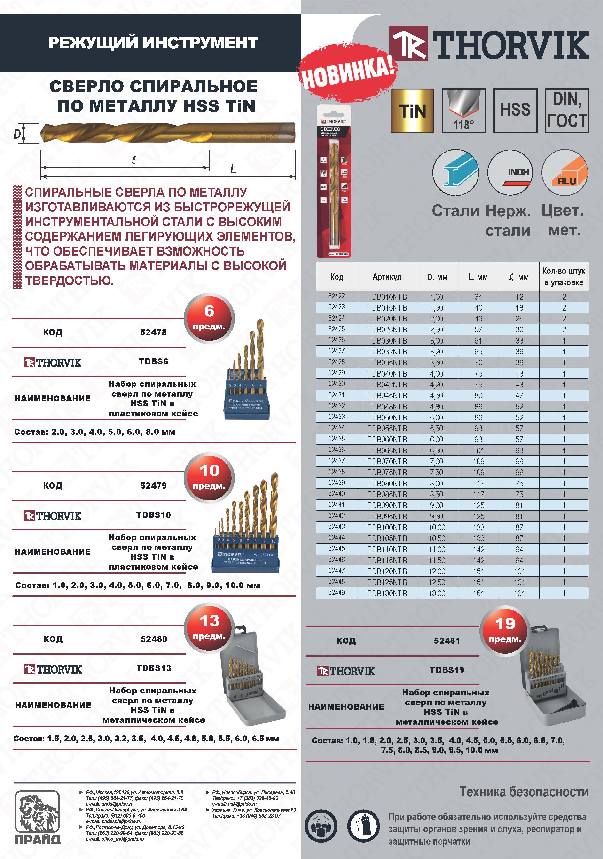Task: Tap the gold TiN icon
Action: [x=412, y=111]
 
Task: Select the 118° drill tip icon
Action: [x=463, y=111]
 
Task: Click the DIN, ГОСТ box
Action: [x=567, y=111]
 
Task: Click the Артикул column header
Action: [x=387, y=277]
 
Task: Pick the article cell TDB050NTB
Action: [x=387, y=417]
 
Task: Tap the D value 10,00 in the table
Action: [x=437, y=528]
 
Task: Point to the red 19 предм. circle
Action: [x=505, y=630]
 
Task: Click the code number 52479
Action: [x=153, y=486]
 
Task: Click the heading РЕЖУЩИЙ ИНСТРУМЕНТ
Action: [x=153, y=43]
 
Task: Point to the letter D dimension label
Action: [x=17, y=134]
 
